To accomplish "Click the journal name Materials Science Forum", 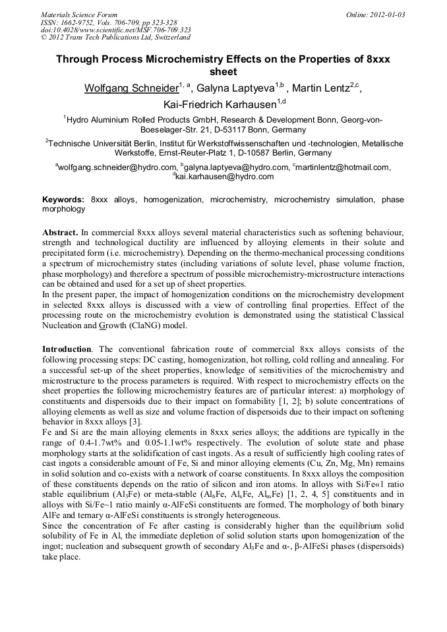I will tap(78, 14).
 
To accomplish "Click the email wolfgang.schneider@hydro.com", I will tap(117, 167).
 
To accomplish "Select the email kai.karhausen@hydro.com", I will tap(224, 177).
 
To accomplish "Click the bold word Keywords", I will tap(63, 199).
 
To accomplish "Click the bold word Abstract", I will tap(61, 234).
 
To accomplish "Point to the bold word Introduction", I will tap(67, 349).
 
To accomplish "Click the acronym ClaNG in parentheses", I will tap(156, 326).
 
